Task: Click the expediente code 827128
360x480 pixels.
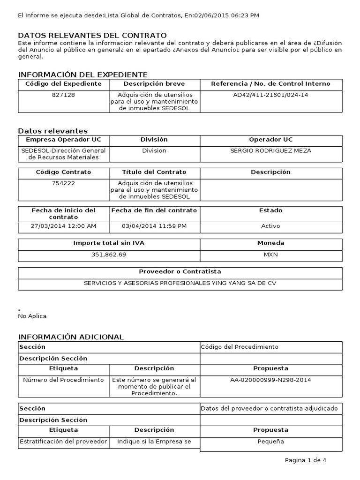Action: tap(64, 95)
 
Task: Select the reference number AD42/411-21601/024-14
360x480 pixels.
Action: tap(270, 95)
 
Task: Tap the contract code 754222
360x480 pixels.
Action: tap(64, 183)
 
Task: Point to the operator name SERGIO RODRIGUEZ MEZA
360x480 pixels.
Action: tap(270, 150)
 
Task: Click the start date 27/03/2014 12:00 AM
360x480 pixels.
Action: tap(64, 226)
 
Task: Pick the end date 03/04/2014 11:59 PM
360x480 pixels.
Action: tap(154, 226)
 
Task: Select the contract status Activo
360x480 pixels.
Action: tap(270, 226)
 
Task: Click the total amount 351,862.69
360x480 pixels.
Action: tap(109, 254)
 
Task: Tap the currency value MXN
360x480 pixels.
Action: tap(270, 254)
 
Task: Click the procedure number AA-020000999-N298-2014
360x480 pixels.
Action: tap(270, 380)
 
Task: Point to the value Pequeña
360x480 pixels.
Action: tap(270, 441)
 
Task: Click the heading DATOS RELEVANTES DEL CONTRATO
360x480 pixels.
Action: tap(92, 36)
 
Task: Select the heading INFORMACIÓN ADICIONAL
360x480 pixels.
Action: tap(71, 337)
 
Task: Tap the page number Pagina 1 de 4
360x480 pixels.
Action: tap(305, 460)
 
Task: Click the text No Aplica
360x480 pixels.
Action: tap(32, 316)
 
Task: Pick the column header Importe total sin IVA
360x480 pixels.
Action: tap(109, 243)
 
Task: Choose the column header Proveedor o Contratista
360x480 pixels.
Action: tap(180, 271)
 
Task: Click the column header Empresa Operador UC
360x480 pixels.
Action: tap(64, 140)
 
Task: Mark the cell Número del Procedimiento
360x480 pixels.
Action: tap(64, 380)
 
